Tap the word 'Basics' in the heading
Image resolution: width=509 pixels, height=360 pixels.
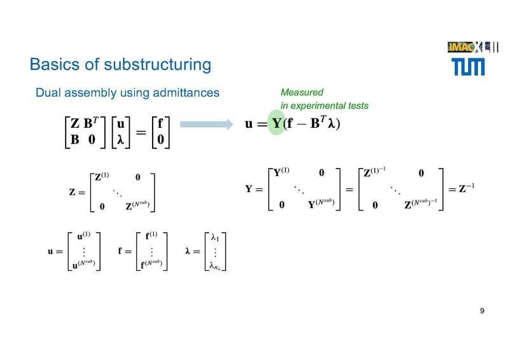(x=52, y=65)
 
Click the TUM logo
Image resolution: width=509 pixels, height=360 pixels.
(x=470, y=66)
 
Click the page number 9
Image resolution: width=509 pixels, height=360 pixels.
(x=482, y=311)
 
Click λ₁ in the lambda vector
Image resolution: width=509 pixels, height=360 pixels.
(x=215, y=240)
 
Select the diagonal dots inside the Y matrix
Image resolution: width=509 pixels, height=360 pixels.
(x=298, y=188)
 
